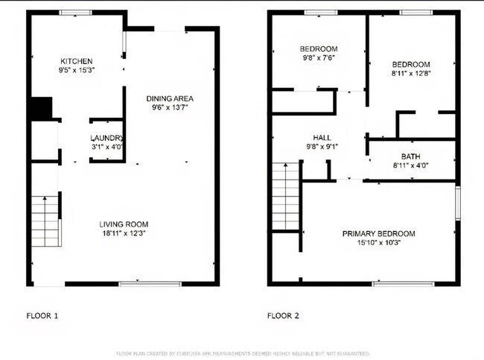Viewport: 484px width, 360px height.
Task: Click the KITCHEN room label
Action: (x=77, y=61)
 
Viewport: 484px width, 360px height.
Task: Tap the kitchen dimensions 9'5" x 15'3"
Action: (x=77, y=70)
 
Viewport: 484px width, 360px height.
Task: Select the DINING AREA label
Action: (x=170, y=98)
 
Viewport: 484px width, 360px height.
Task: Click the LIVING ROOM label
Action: (x=124, y=224)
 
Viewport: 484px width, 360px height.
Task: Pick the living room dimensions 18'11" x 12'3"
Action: (x=124, y=233)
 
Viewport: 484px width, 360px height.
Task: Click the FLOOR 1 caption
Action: (x=42, y=316)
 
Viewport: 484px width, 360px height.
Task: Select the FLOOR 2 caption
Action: (x=283, y=316)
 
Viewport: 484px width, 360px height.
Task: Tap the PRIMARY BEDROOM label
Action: (x=378, y=233)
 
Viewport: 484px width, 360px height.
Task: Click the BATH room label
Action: (x=410, y=157)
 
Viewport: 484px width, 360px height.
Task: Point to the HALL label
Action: (x=322, y=138)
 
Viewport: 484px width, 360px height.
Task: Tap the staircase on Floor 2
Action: (x=285, y=196)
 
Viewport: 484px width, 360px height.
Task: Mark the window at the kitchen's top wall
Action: (x=72, y=13)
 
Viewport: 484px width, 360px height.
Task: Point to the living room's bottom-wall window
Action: (x=150, y=283)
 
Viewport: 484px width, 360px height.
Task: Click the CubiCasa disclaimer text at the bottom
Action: (x=242, y=353)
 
